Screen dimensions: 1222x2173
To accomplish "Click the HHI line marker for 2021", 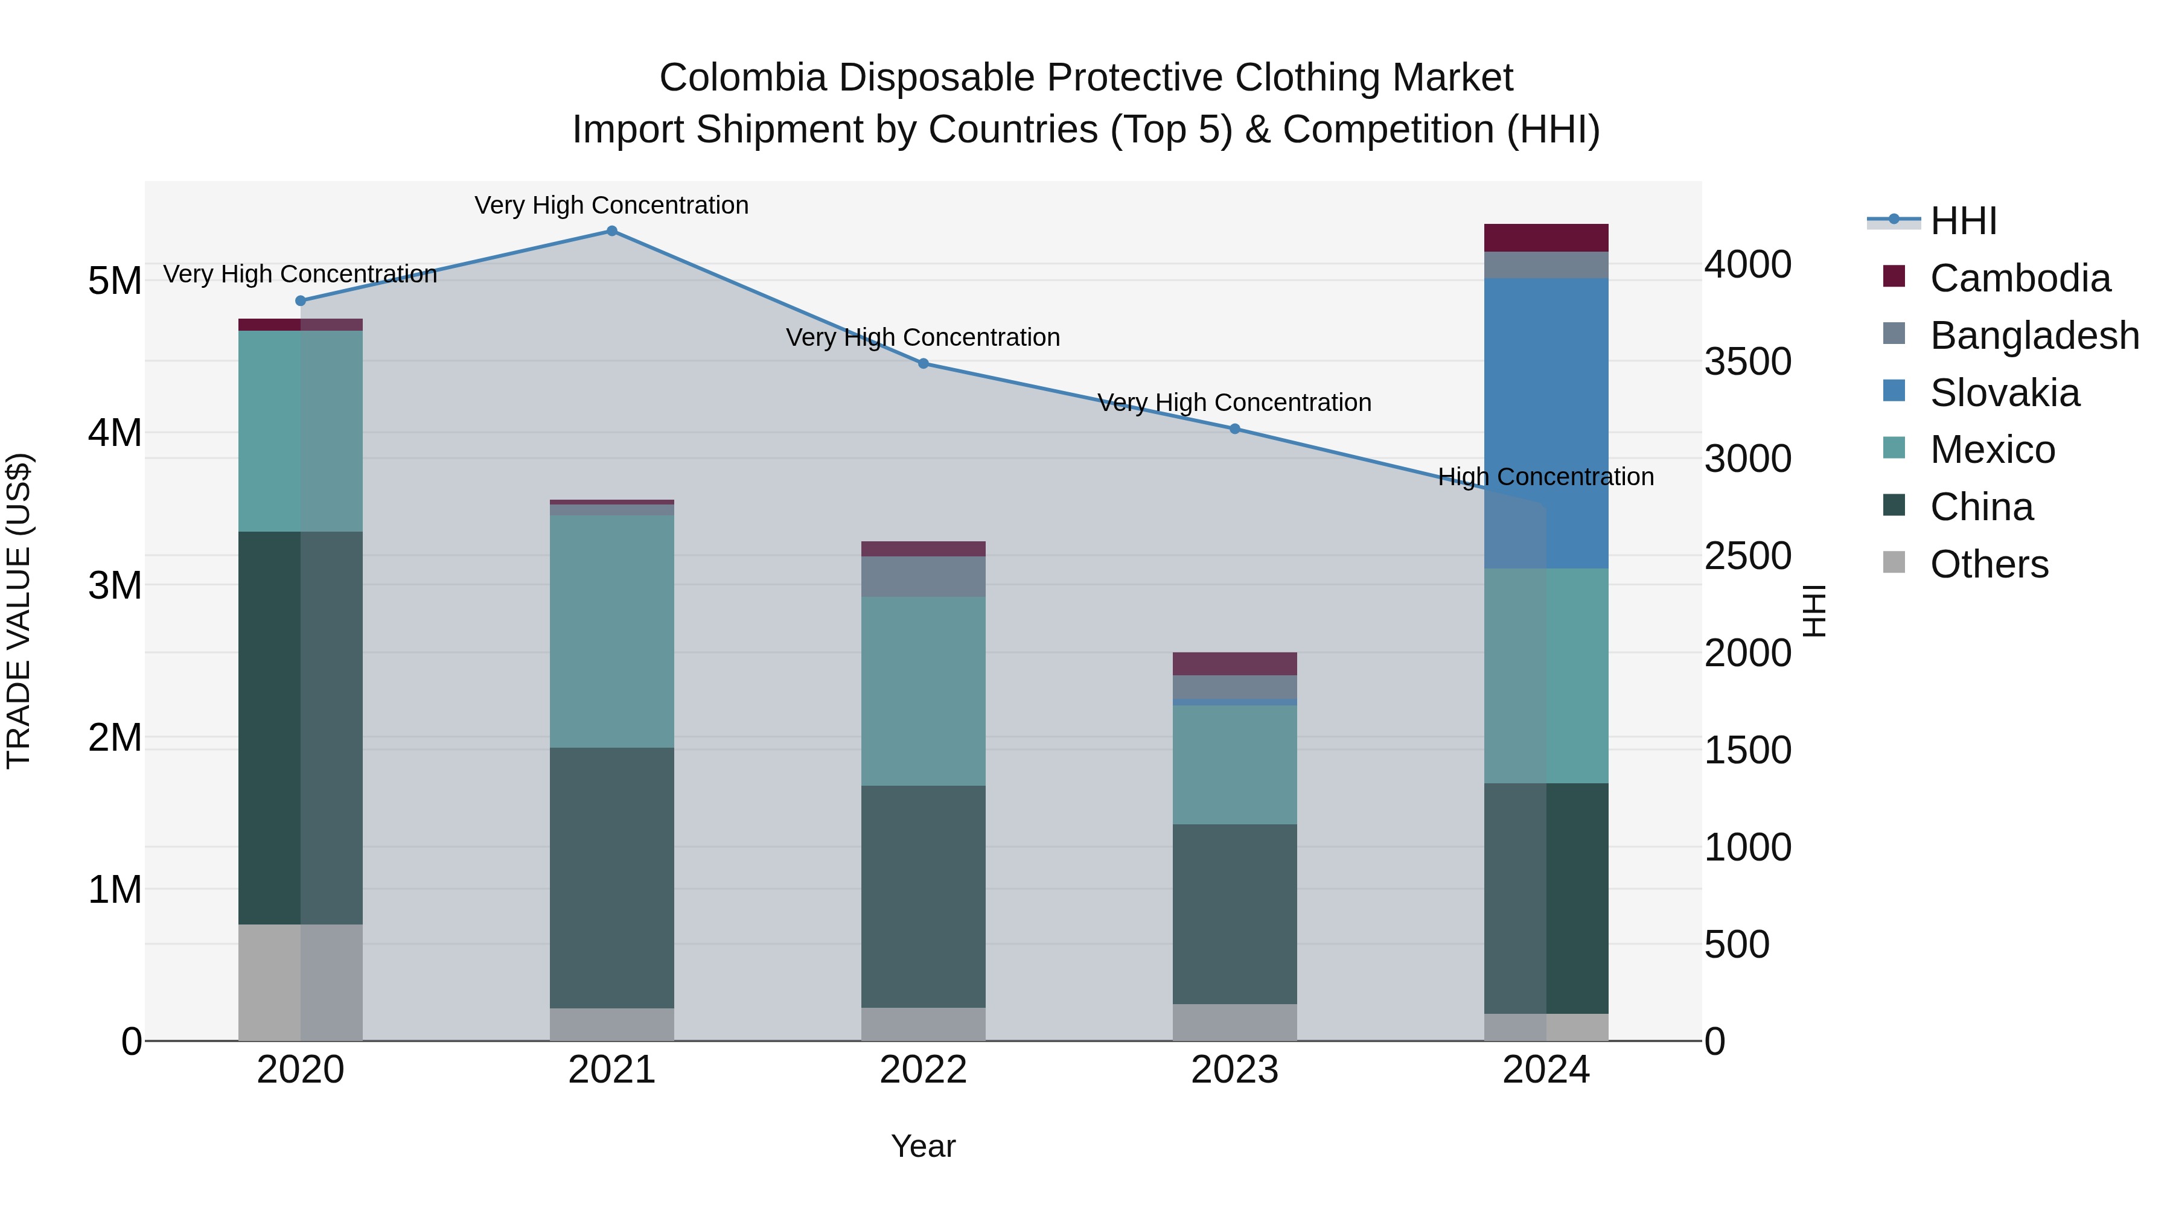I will (611, 231).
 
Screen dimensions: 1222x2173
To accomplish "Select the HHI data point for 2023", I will (1234, 428).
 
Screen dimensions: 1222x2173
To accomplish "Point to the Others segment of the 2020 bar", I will (301, 982).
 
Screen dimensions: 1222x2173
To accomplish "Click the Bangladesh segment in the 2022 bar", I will (923, 576).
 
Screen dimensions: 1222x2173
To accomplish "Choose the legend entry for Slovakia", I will (2004, 393).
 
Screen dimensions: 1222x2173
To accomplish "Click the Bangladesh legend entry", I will (2033, 336).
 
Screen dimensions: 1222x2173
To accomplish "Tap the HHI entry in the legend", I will (1962, 221).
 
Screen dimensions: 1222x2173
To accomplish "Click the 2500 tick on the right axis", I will (1747, 556).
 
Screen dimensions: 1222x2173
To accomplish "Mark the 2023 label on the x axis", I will (1234, 1070).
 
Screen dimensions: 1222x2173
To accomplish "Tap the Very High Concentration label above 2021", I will (611, 205).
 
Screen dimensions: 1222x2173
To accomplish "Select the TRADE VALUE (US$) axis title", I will (19, 611).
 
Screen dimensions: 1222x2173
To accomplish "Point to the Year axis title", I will (923, 1146).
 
